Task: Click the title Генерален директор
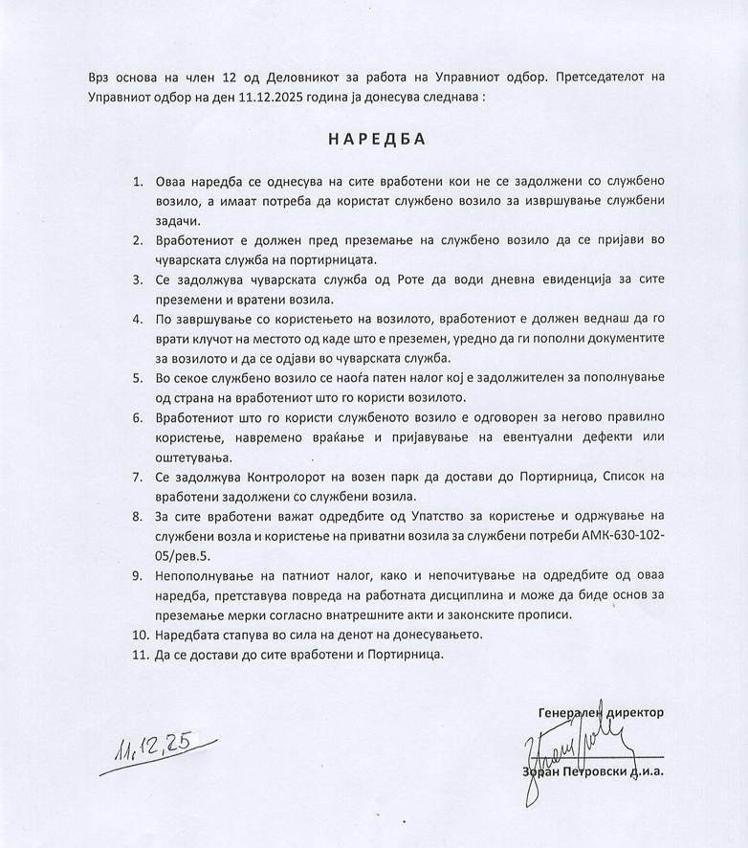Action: coord(601,712)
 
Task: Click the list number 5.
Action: coord(138,378)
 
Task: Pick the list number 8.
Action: coord(138,517)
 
